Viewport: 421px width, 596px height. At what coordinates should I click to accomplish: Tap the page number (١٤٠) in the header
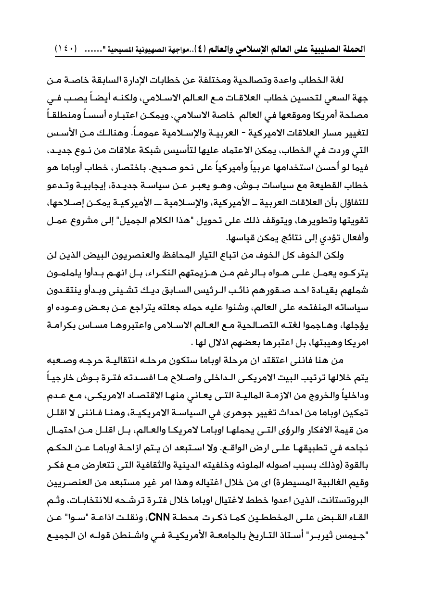tap(68, 50)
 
